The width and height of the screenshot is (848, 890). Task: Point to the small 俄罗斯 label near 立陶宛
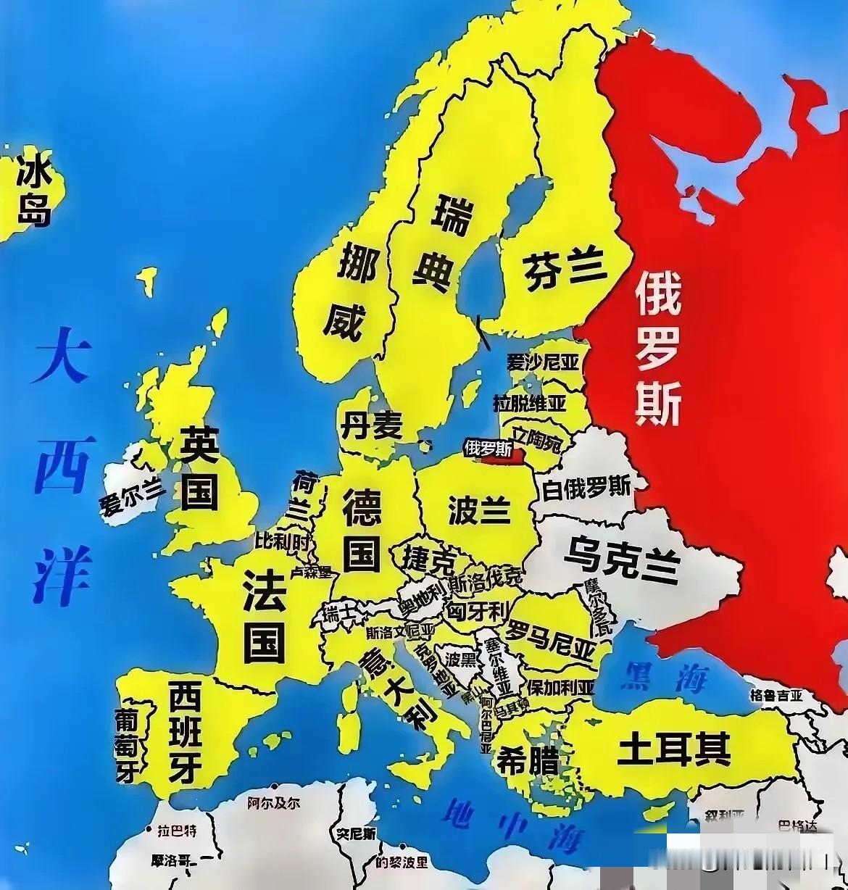pyautogui.click(x=486, y=448)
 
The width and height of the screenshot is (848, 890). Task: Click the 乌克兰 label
pyautogui.click(x=621, y=559)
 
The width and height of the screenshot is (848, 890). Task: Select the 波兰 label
pyautogui.click(x=479, y=510)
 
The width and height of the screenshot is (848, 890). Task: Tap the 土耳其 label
pyautogui.click(x=673, y=749)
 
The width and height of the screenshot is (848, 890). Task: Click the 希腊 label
pyautogui.click(x=527, y=762)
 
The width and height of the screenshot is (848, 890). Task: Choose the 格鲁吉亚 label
pyautogui.click(x=776, y=696)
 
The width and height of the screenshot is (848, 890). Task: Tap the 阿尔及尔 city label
pyautogui.click(x=273, y=803)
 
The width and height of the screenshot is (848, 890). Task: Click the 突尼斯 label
pyautogui.click(x=356, y=834)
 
